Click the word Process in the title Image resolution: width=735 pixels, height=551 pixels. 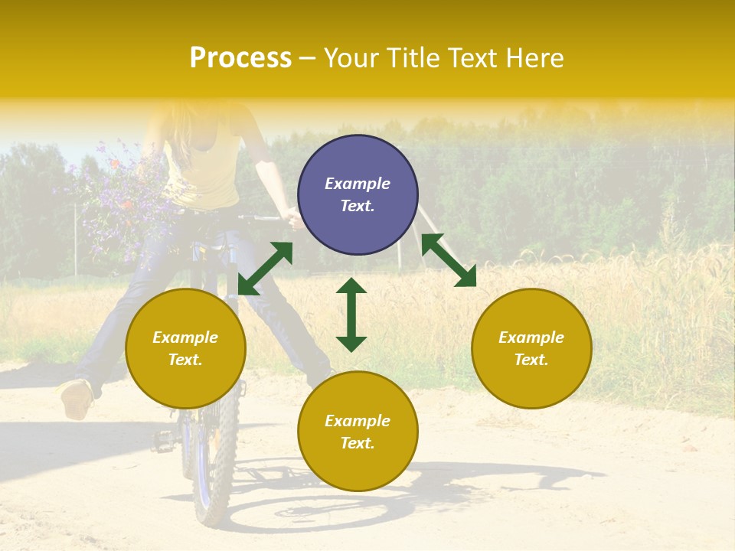click(x=240, y=58)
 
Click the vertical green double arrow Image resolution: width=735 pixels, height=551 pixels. click(x=351, y=315)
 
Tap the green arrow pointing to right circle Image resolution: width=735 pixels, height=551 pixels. click(x=449, y=260)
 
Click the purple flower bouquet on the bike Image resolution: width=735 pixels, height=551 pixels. click(x=119, y=195)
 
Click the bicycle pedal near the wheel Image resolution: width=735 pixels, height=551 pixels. click(x=164, y=440)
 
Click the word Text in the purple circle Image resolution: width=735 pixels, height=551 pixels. click(x=358, y=206)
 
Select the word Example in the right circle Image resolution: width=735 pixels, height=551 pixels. click(x=531, y=337)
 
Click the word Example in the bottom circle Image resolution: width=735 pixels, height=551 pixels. click(x=358, y=421)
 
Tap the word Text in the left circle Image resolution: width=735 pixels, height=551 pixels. click(x=185, y=360)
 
